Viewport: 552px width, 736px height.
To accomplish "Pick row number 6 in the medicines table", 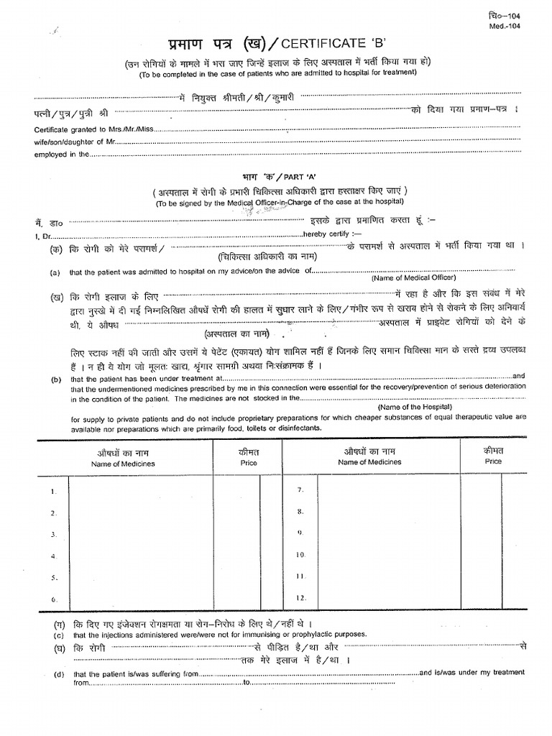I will coord(53,599).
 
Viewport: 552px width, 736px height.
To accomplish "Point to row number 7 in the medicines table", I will coord(301,489).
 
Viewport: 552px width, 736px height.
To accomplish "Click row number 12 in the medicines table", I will coord(301,597).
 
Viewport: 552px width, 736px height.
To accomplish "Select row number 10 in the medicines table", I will coord(301,554).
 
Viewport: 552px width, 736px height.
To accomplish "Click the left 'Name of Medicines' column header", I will coord(123,464).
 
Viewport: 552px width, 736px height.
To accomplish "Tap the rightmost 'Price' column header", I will coord(493,461).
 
